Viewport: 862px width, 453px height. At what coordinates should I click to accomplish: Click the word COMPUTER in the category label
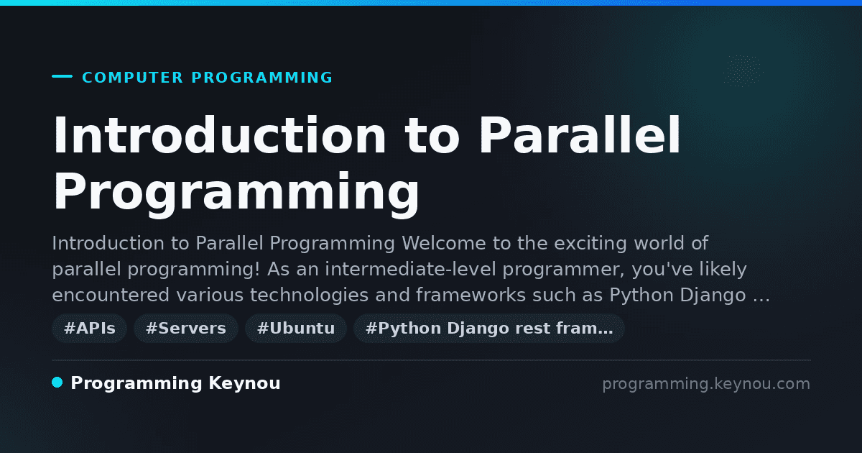pos(133,78)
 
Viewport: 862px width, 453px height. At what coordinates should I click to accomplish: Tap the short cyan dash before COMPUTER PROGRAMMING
pos(62,76)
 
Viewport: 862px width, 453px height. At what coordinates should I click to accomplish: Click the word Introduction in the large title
pos(219,135)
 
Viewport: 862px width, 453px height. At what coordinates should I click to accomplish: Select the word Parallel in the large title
pos(579,134)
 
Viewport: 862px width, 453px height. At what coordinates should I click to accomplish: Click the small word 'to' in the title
pos(432,136)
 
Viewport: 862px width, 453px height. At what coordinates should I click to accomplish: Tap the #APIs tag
pos(90,328)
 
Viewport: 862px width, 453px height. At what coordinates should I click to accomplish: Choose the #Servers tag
pos(186,328)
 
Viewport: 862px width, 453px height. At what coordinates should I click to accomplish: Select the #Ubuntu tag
pos(296,328)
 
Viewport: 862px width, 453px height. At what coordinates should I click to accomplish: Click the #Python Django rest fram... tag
pos(489,328)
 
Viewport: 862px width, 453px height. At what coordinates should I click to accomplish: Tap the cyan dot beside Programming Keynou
pos(57,383)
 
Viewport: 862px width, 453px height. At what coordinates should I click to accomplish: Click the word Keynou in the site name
pos(244,384)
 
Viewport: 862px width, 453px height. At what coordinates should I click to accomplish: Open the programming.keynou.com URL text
pos(706,384)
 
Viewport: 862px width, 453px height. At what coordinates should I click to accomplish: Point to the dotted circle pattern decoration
pos(743,71)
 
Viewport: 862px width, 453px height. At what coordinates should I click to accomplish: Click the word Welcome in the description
pos(444,244)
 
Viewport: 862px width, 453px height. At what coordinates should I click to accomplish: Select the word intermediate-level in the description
pos(411,269)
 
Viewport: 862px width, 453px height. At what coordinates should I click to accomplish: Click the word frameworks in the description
pos(471,295)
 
